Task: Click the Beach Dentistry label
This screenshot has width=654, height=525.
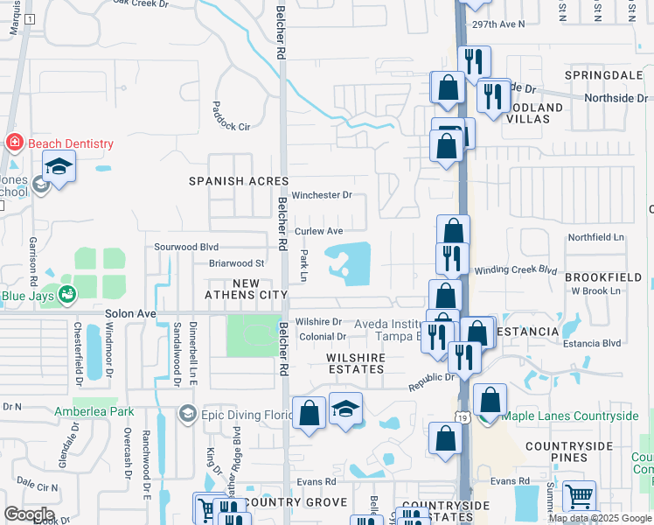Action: (71, 143)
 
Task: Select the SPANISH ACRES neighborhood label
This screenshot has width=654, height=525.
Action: (239, 180)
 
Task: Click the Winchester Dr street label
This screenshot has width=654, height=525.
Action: (322, 195)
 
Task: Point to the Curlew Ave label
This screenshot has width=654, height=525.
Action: (318, 231)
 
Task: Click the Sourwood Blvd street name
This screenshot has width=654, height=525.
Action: (186, 248)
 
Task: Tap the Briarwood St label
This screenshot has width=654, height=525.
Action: (236, 262)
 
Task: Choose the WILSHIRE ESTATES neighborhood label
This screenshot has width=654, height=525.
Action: (356, 363)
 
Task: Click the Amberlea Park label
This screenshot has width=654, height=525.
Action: (94, 411)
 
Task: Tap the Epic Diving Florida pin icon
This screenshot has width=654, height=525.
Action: (187, 413)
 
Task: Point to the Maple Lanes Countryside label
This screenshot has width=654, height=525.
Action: (570, 416)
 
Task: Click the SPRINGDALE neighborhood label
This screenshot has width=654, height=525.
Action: (603, 76)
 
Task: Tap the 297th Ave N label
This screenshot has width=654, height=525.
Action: (495, 24)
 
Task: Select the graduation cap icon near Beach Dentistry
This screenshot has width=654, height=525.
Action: (59, 165)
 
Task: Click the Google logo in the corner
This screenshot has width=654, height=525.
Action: (29, 514)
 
